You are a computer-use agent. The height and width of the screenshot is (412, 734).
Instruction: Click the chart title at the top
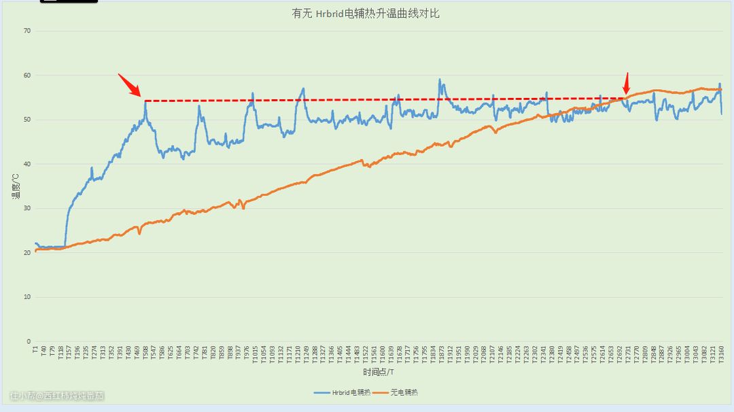pyautogui.click(x=366, y=14)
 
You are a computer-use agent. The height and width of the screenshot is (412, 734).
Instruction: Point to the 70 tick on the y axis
pyautogui.click(x=27, y=31)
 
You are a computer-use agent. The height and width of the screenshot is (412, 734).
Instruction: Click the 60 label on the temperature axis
pyautogui.click(x=27, y=75)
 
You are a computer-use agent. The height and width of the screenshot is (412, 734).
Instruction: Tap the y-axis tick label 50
pyautogui.click(x=27, y=120)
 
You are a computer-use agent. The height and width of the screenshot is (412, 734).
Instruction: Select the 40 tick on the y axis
pyautogui.click(x=27, y=164)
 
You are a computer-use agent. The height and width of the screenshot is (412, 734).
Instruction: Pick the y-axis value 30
pyautogui.click(x=27, y=209)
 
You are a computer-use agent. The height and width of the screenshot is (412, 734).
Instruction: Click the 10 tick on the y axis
pyautogui.click(x=27, y=297)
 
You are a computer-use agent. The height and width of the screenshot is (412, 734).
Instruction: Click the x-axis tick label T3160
pyautogui.click(x=721, y=354)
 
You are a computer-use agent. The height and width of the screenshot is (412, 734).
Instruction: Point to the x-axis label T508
pyautogui.click(x=145, y=353)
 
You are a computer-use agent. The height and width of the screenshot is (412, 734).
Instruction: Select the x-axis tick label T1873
pyautogui.click(x=441, y=354)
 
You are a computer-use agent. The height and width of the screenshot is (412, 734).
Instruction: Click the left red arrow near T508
pyautogui.click(x=129, y=85)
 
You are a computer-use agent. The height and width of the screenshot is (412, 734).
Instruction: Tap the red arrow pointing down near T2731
pyautogui.click(x=627, y=84)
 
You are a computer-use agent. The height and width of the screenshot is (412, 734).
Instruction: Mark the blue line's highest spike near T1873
pyautogui.click(x=440, y=80)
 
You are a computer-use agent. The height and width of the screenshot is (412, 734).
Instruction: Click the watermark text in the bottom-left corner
pyautogui.click(x=57, y=395)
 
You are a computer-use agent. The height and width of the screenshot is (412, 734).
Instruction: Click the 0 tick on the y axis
pyautogui.click(x=29, y=341)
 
